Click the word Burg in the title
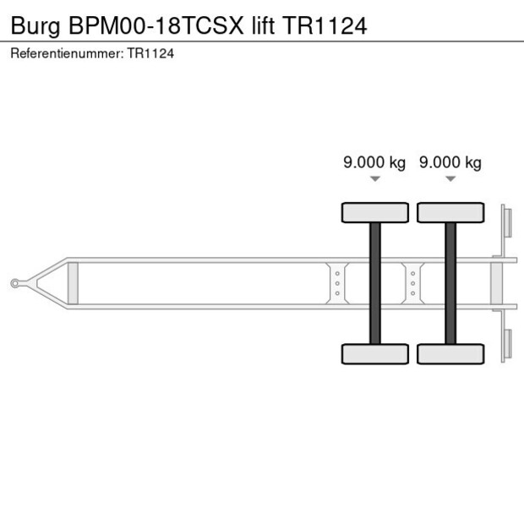coord(35,25)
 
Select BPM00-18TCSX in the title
coord(156,25)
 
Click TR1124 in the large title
coord(325,25)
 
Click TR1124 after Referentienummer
coord(150,53)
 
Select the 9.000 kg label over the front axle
coord(374,163)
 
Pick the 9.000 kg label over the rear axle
coord(450,163)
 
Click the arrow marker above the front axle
coord(375,179)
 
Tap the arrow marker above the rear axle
coord(450,179)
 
